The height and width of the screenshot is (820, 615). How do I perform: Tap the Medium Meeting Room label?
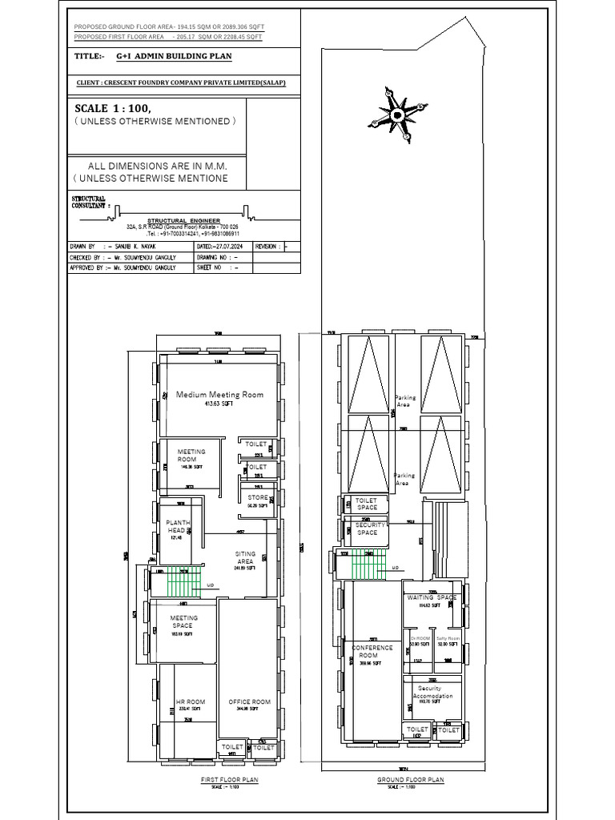click(219, 395)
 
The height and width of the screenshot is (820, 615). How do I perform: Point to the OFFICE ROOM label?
click(249, 702)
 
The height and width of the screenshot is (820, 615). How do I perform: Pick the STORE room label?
click(258, 498)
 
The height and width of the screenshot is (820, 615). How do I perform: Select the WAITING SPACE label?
click(432, 598)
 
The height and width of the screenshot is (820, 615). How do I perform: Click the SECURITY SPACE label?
click(367, 529)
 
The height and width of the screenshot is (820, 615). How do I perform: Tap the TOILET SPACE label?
click(366, 504)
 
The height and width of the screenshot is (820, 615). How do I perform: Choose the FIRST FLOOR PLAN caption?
click(228, 779)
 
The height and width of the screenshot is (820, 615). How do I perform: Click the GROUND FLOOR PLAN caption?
click(410, 779)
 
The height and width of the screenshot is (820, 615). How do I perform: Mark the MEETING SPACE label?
click(183, 621)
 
